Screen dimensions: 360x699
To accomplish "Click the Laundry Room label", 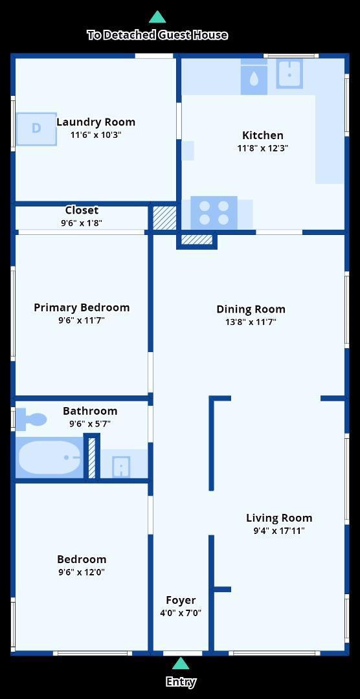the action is click(96, 122).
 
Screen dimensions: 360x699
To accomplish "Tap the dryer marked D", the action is click(36, 129).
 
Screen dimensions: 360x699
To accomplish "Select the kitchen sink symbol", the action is click(289, 73).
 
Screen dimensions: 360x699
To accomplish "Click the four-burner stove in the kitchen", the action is click(214, 213).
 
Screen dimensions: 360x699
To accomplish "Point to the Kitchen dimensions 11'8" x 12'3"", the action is click(263, 148).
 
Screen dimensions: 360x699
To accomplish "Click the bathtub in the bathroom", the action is click(49, 458).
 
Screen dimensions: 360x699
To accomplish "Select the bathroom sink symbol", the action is click(121, 467).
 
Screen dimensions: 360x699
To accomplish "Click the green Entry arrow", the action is click(181, 663).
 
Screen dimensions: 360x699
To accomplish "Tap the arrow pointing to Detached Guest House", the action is click(157, 17).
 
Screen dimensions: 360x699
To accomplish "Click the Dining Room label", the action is click(251, 309).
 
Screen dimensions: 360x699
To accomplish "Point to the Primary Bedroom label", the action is click(82, 307).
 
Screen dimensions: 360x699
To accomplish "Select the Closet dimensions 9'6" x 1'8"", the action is click(82, 223).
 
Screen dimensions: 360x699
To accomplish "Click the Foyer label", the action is click(181, 600).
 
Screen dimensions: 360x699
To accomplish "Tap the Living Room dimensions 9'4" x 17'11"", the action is click(279, 531).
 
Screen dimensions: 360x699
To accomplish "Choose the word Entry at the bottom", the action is click(181, 682).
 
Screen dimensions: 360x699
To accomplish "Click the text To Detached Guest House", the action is click(157, 35).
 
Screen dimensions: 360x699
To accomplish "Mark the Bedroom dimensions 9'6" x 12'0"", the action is click(82, 572).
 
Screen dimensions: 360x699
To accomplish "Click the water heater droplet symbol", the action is click(254, 80).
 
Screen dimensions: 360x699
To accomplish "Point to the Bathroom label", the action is click(90, 410).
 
